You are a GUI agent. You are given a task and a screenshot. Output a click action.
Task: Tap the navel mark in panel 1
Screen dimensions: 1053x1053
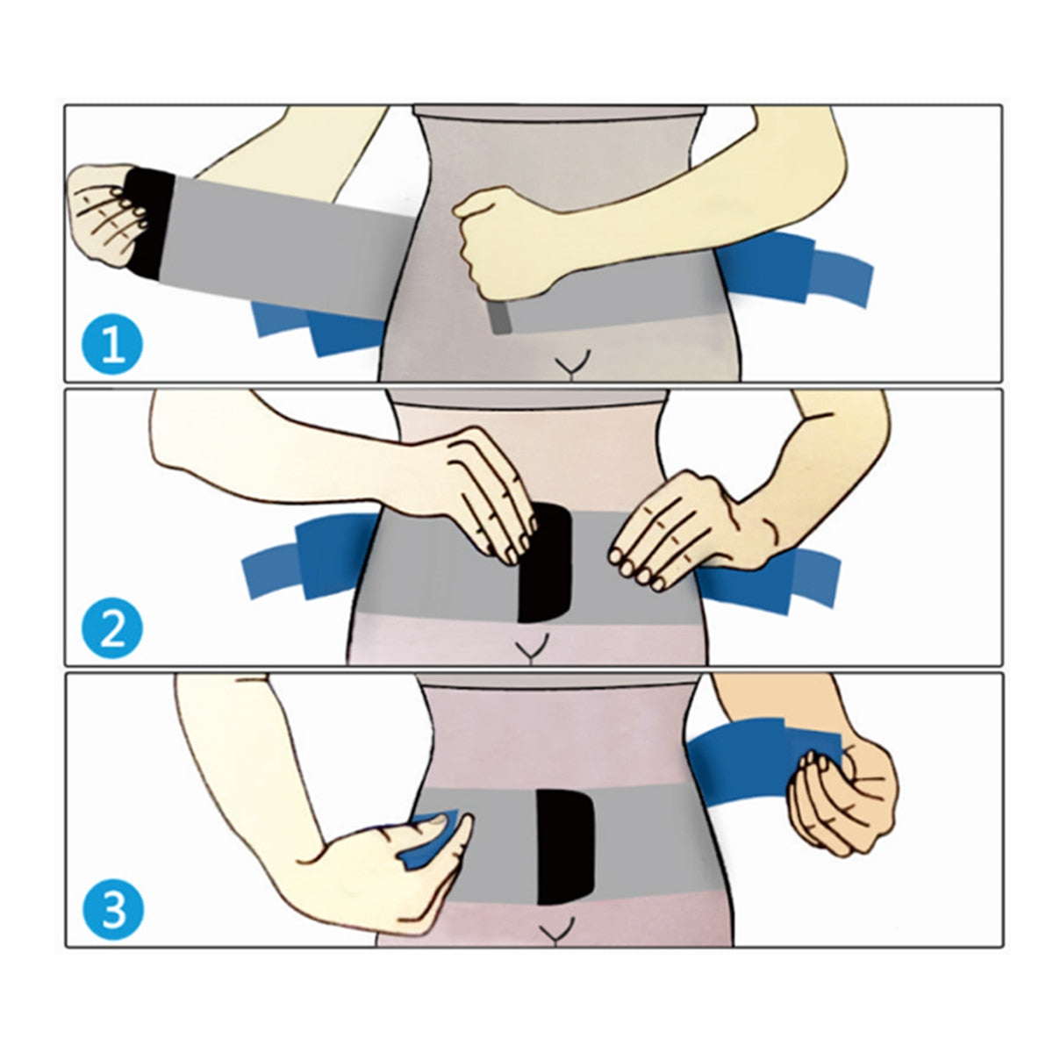(575, 364)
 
